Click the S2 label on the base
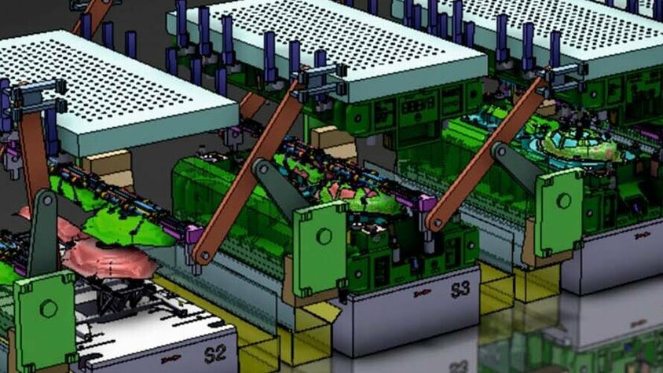pos(214,353)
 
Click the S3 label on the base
pos(460,289)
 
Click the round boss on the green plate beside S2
pos(49,309)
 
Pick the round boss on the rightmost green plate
pos(562,201)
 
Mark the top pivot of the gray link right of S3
pos(502,151)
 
